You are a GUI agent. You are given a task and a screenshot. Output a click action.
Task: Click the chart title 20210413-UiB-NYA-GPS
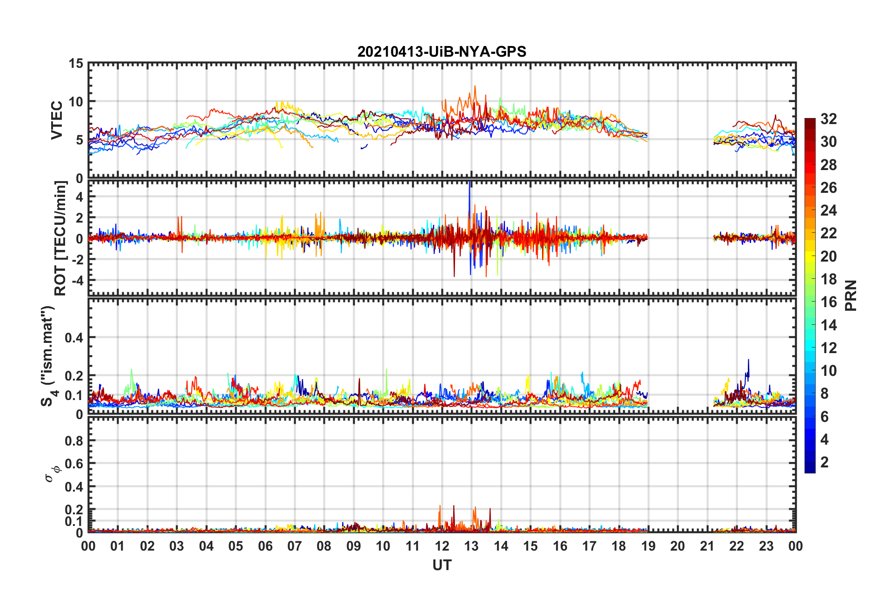tap(442, 52)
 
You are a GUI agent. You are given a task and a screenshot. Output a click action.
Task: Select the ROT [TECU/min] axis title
tap(60, 238)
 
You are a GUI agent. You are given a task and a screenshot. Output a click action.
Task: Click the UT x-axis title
tap(442, 565)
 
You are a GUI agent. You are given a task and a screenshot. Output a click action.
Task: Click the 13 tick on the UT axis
tap(471, 546)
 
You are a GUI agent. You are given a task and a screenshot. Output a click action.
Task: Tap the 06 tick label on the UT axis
tap(265, 546)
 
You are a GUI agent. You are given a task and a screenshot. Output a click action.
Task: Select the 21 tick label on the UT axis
tap(707, 546)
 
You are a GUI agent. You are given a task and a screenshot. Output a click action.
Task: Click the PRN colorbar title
tap(851, 295)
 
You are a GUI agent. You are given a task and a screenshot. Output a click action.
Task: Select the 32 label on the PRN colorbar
tap(829, 119)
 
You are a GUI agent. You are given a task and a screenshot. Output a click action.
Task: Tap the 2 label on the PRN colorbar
tap(825, 462)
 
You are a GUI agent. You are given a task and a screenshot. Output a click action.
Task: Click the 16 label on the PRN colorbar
tap(829, 302)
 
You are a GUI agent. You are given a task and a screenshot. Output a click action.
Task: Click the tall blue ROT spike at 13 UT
tap(470, 195)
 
